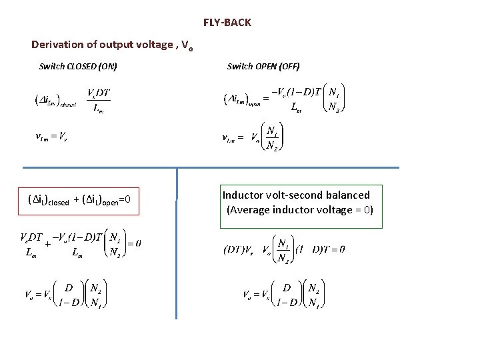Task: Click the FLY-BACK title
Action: tap(227, 23)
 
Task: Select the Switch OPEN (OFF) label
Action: tap(263, 66)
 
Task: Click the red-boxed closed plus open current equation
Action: tap(79, 200)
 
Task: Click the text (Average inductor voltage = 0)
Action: tap(300, 210)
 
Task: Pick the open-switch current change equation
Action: tap(283, 99)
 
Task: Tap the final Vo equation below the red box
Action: tap(63, 295)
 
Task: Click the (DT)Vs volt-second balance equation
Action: tap(283, 249)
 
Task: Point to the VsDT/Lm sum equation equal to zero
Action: tap(80, 244)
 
